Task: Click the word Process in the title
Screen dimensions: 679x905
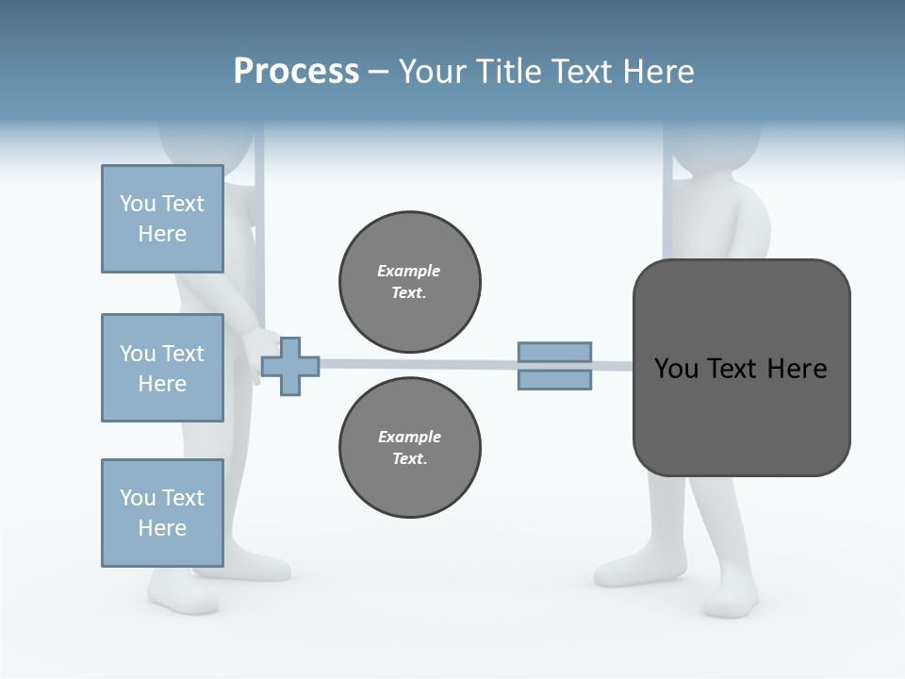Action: click(296, 72)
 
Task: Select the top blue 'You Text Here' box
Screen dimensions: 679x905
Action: click(162, 219)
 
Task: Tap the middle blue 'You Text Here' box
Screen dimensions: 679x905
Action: click(162, 368)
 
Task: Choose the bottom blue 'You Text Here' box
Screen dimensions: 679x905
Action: click(162, 513)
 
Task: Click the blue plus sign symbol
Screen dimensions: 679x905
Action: click(290, 365)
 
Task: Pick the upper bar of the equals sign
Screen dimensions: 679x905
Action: click(554, 352)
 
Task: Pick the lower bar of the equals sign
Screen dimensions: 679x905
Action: click(554, 379)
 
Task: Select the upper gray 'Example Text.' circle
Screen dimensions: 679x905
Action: click(409, 281)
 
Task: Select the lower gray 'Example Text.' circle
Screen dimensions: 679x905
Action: click(409, 447)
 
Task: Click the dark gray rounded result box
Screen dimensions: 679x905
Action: click(741, 415)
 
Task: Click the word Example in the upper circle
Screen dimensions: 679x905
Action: click(409, 271)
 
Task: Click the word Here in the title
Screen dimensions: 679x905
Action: click(657, 72)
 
